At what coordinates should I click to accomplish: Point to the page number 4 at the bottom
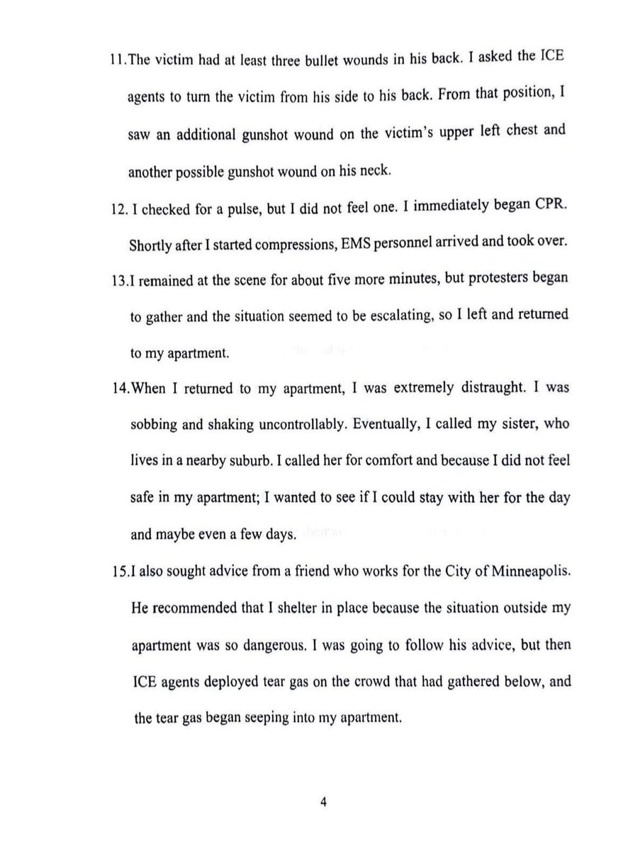323,803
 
